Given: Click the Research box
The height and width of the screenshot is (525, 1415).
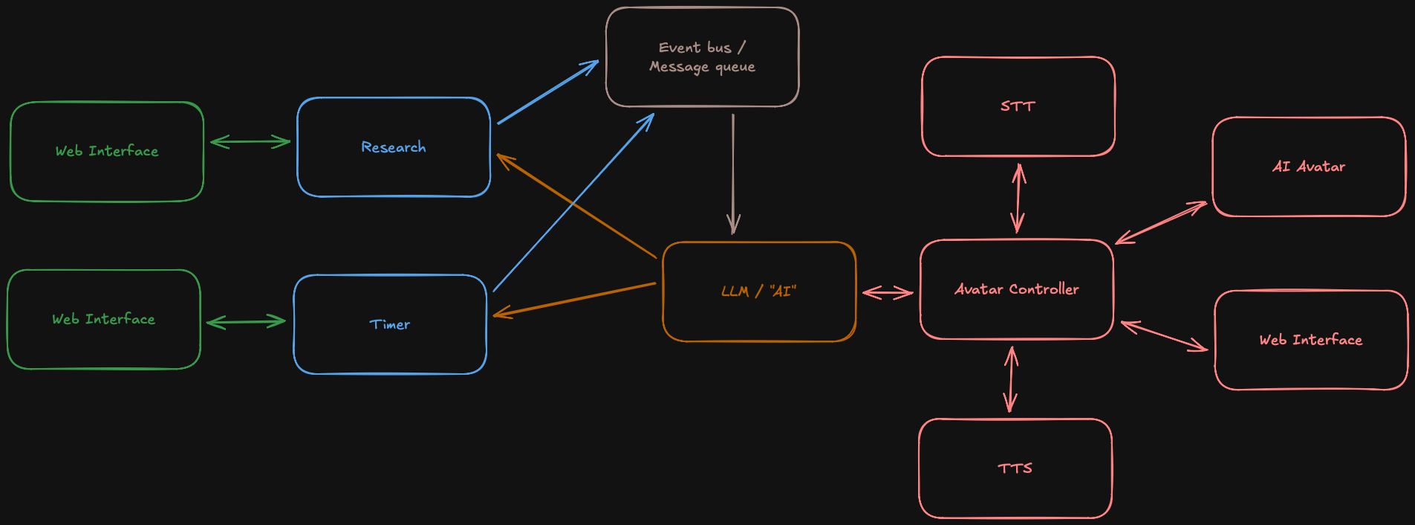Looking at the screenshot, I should (393, 147).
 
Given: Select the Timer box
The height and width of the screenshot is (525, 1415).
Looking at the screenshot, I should (390, 324).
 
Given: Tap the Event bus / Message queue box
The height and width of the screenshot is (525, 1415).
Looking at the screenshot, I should (702, 57).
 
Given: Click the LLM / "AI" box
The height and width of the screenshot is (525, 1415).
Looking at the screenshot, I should (758, 292).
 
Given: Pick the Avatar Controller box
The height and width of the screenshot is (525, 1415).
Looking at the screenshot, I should (1016, 289).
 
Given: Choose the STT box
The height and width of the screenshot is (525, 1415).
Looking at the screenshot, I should (1018, 106).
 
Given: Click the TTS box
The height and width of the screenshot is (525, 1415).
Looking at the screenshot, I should (1015, 468).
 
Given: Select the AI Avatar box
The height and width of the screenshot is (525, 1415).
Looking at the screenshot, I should (1309, 167).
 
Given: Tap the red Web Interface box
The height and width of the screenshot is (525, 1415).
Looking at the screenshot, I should (1311, 340).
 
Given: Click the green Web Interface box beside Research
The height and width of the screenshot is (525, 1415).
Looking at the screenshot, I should (106, 151).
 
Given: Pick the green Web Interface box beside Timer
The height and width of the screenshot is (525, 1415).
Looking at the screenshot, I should (103, 319).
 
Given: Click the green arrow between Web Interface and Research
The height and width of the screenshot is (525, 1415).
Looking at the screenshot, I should (250, 141).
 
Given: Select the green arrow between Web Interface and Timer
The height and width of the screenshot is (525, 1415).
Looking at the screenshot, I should (246, 322).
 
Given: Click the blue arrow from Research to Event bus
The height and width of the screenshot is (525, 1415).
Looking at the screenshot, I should (548, 92).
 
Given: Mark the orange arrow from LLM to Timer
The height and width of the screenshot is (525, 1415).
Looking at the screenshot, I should (574, 300).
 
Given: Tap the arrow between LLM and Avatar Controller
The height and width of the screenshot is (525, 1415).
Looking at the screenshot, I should (888, 292).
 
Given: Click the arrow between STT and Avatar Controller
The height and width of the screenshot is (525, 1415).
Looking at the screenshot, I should (1018, 198).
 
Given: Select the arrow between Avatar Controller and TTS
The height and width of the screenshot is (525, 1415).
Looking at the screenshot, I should (1010, 379).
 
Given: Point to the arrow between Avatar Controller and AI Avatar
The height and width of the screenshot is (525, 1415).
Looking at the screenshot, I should (1161, 222).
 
